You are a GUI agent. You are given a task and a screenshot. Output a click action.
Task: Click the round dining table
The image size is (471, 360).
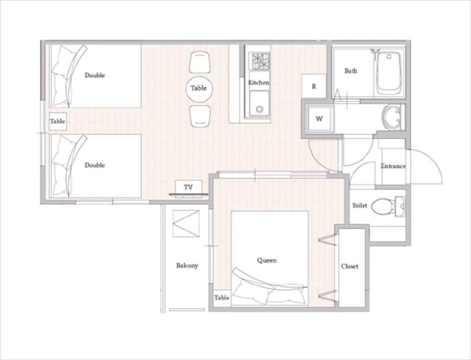point(199,89)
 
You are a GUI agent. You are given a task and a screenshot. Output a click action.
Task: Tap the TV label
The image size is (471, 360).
point(189,187)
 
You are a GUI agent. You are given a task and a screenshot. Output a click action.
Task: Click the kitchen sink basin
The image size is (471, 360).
point(259,103)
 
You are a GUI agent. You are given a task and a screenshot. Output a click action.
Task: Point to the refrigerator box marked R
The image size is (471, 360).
point(314,86)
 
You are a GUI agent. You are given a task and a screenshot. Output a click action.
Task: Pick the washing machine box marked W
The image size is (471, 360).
point(319,119)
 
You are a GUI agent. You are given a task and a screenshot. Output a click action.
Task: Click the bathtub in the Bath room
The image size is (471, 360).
point(389,73)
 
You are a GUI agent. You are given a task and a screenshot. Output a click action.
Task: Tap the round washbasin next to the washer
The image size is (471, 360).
point(392,117)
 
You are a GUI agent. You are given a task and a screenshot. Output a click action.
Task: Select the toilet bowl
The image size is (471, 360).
point(382,206)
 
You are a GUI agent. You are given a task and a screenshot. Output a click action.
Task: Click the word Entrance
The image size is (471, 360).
point(393,166)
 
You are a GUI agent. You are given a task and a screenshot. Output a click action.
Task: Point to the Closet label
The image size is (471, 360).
point(349,266)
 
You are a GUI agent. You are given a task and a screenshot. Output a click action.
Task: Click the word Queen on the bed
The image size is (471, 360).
point(266,261)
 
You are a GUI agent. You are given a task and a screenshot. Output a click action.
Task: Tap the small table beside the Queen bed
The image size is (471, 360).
point(222,298)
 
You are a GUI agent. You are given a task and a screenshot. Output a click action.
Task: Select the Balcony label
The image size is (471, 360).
point(187,266)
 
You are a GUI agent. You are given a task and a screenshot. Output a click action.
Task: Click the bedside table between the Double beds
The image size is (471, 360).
point(58,121)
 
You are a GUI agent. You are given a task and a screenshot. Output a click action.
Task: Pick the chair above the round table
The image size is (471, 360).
point(199,62)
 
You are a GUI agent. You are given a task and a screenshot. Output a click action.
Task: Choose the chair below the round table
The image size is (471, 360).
point(200,117)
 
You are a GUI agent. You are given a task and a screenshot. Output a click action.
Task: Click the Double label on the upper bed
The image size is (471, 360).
point(94,75)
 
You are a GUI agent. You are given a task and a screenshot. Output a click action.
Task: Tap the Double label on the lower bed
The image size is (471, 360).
point(94,165)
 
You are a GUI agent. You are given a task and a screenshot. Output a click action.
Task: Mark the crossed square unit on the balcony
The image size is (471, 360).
point(186,224)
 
